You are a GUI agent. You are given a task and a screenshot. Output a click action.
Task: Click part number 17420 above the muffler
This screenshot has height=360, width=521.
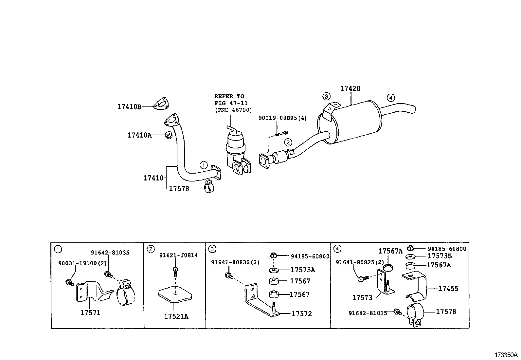tap(350, 88)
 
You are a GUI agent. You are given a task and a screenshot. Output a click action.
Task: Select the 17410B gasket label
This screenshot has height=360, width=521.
tap(129, 107)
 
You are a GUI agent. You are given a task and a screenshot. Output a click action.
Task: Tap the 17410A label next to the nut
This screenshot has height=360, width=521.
tap(139, 135)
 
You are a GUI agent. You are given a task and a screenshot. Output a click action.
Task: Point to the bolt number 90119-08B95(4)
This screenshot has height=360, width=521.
tap(282, 118)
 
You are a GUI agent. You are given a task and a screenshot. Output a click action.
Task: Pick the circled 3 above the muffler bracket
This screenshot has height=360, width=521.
tap(326, 96)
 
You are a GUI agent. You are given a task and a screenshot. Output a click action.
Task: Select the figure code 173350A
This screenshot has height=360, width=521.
tap(506, 355)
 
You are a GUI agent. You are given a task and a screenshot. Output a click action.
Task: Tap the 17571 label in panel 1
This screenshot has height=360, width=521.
tap(90, 313)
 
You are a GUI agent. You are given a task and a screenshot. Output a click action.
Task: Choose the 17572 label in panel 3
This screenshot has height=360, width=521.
tap(301, 314)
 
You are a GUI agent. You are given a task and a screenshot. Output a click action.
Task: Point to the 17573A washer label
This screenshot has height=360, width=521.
tap(302, 270)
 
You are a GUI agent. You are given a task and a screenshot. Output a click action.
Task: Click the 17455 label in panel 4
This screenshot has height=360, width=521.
tap(448, 289)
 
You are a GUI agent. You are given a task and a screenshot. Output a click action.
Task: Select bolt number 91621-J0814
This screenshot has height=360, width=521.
tap(178, 255)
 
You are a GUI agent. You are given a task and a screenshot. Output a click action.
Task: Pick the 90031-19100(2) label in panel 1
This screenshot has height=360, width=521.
tap(78, 263)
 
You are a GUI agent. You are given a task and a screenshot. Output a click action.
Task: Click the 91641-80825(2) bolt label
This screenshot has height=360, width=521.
tap(359, 262)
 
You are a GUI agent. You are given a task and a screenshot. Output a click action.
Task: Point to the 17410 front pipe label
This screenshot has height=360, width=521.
tap(153, 178)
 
